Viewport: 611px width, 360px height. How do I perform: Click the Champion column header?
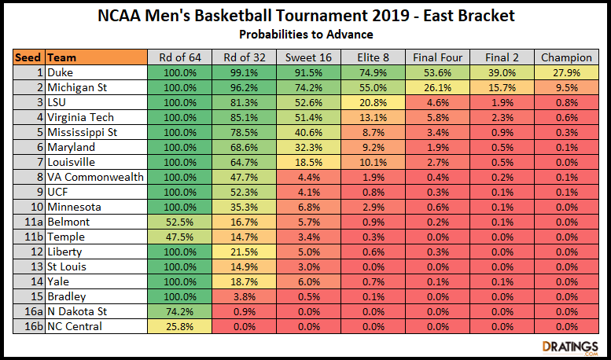click(566, 57)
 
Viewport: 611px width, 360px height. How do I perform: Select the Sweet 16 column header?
click(308, 57)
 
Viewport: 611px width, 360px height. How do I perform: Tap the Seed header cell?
click(29, 57)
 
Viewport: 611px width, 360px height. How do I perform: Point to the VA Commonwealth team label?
click(95, 177)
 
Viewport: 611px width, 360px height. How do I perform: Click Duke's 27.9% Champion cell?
click(566, 72)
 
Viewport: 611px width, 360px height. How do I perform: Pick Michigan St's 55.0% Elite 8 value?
click(373, 87)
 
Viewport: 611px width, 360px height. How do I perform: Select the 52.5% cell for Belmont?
click(179, 222)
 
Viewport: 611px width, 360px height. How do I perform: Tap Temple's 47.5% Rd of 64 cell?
click(179, 237)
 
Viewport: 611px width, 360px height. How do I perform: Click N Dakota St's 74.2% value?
click(179, 311)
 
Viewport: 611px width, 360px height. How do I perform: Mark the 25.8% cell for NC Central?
click(179, 326)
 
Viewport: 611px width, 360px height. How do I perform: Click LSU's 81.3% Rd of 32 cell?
click(244, 102)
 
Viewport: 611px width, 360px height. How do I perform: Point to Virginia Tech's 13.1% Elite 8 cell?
click(373, 117)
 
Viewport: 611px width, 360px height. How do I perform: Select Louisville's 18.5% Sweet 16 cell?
click(308, 162)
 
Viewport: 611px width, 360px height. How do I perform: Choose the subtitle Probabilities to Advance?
click(306, 34)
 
